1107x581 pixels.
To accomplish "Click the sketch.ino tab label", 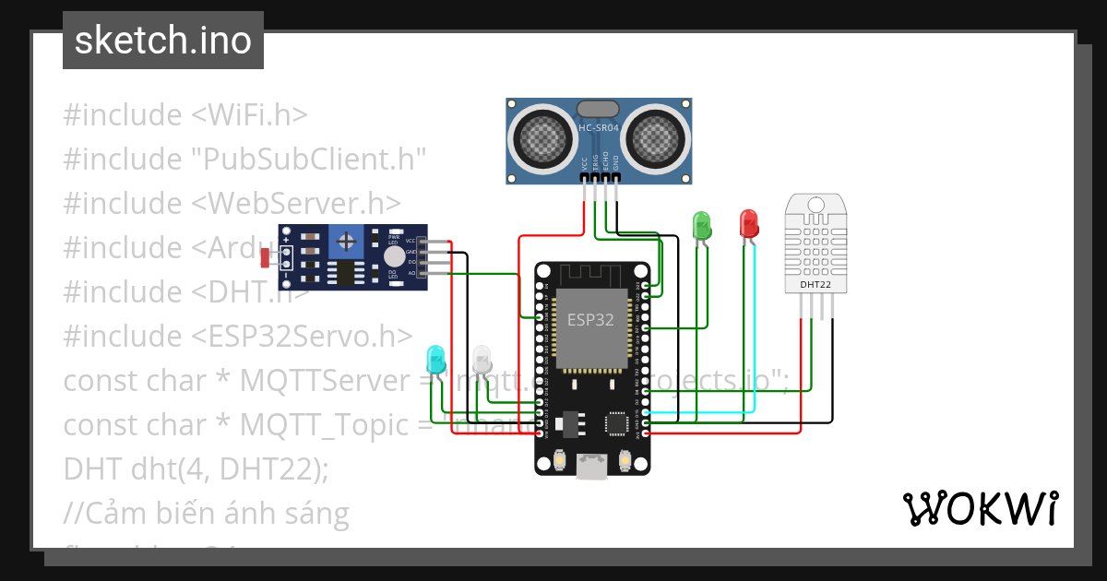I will (x=162, y=41).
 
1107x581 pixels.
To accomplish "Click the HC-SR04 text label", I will (x=599, y=128).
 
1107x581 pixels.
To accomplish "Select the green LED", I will (x=701, y=224).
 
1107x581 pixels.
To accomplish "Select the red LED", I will (x=748, y=223).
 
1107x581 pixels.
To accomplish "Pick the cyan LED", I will (x=434, y=359).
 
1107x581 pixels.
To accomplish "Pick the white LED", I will (x=482, y=359).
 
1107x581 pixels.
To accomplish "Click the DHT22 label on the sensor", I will (x=815, y=285).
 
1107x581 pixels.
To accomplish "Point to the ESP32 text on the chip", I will (x=591, y=320).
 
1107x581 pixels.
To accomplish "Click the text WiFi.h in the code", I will (x=250, y=115).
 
